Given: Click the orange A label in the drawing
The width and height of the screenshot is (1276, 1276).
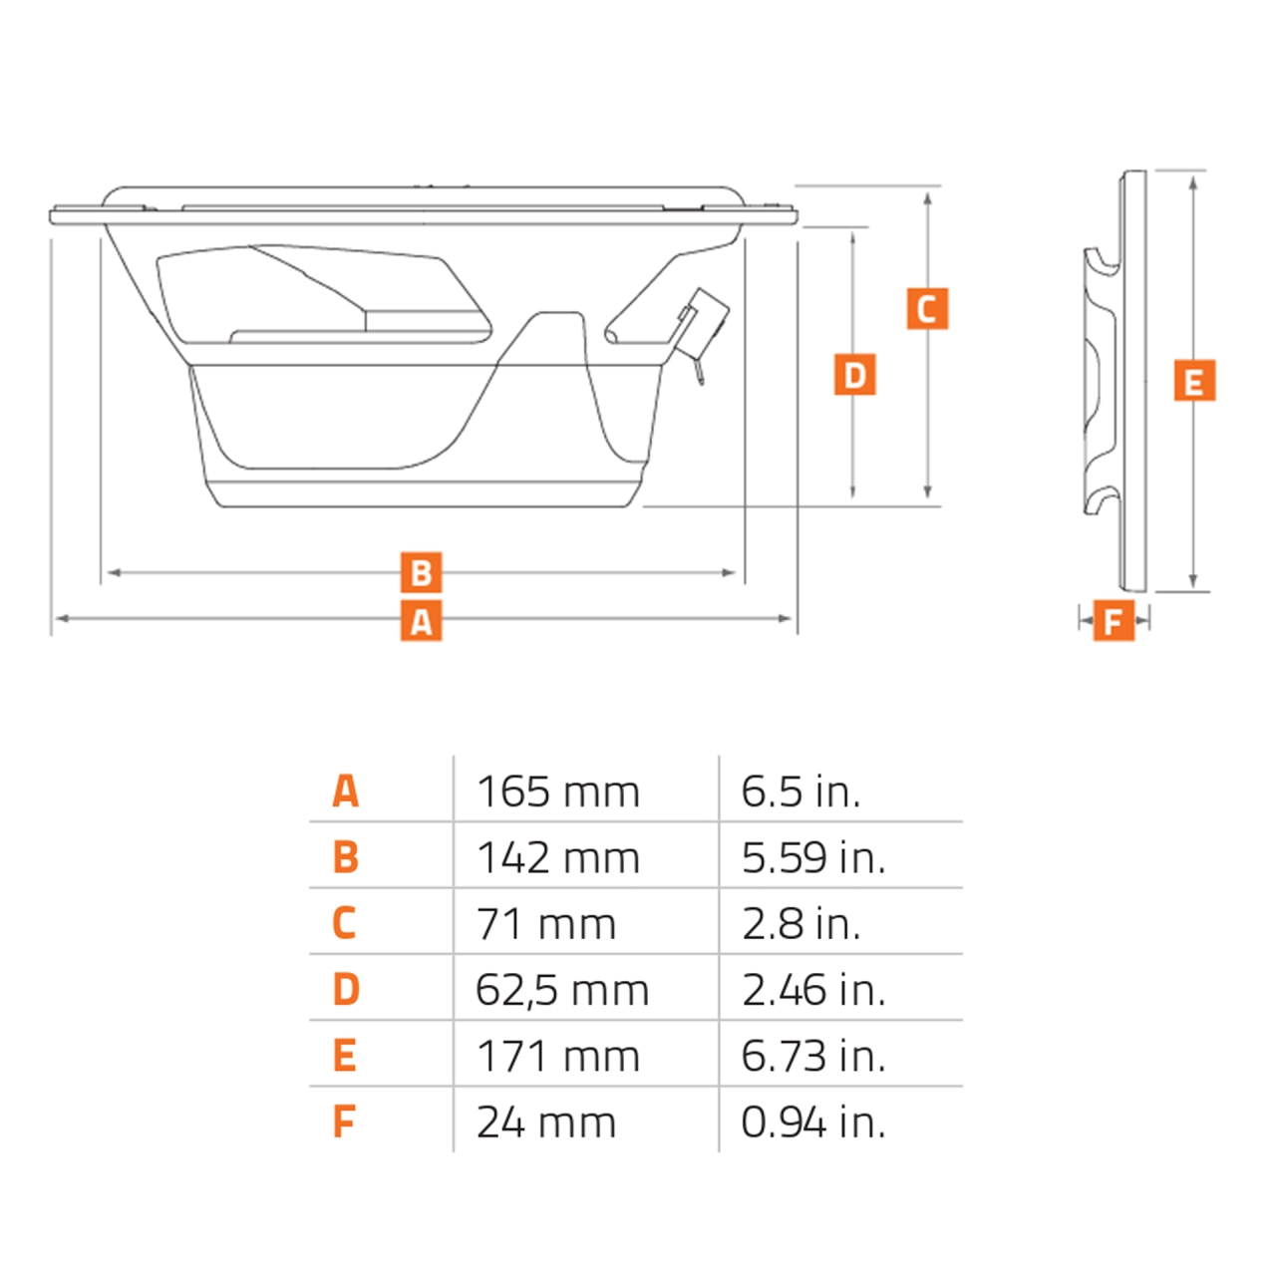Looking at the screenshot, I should tap(421, 621).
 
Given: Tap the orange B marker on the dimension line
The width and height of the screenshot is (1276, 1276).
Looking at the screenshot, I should tap(421, 573).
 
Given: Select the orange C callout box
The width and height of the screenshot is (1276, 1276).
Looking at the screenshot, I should tap(927, 309).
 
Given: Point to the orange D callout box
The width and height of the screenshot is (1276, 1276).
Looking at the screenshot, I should tap(854, 375).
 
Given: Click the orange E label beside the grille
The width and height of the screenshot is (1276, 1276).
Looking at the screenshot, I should tap(1194, 382).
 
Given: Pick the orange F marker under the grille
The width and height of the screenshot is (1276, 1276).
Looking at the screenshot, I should tap(1114, 621).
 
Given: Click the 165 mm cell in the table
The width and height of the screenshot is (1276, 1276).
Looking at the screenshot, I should tap(558, 793).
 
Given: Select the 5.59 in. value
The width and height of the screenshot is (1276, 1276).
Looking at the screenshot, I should tap(813, 858).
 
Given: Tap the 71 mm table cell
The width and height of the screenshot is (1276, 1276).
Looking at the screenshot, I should tap(546, 924).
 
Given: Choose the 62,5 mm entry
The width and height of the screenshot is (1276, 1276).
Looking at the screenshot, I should tap(562, 990).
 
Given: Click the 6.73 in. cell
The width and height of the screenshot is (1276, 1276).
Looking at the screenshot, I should tap(813, 1056).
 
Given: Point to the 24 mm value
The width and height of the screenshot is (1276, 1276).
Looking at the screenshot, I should tap(546, 1122).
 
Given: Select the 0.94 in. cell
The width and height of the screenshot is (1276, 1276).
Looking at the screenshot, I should tap(813, 1122).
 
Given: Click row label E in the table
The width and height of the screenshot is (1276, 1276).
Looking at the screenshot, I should tap(345, 1056).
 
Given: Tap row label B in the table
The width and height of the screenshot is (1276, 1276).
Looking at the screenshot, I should tap(345, 857).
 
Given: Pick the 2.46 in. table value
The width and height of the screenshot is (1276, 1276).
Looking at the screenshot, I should tap(813, 990).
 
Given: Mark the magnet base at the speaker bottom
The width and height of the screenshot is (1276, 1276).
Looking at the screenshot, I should tap(424, 493).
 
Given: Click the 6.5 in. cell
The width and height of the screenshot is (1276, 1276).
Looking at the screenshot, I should tap(800, 793).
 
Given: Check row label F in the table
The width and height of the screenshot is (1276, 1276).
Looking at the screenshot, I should tap(344, 1122).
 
